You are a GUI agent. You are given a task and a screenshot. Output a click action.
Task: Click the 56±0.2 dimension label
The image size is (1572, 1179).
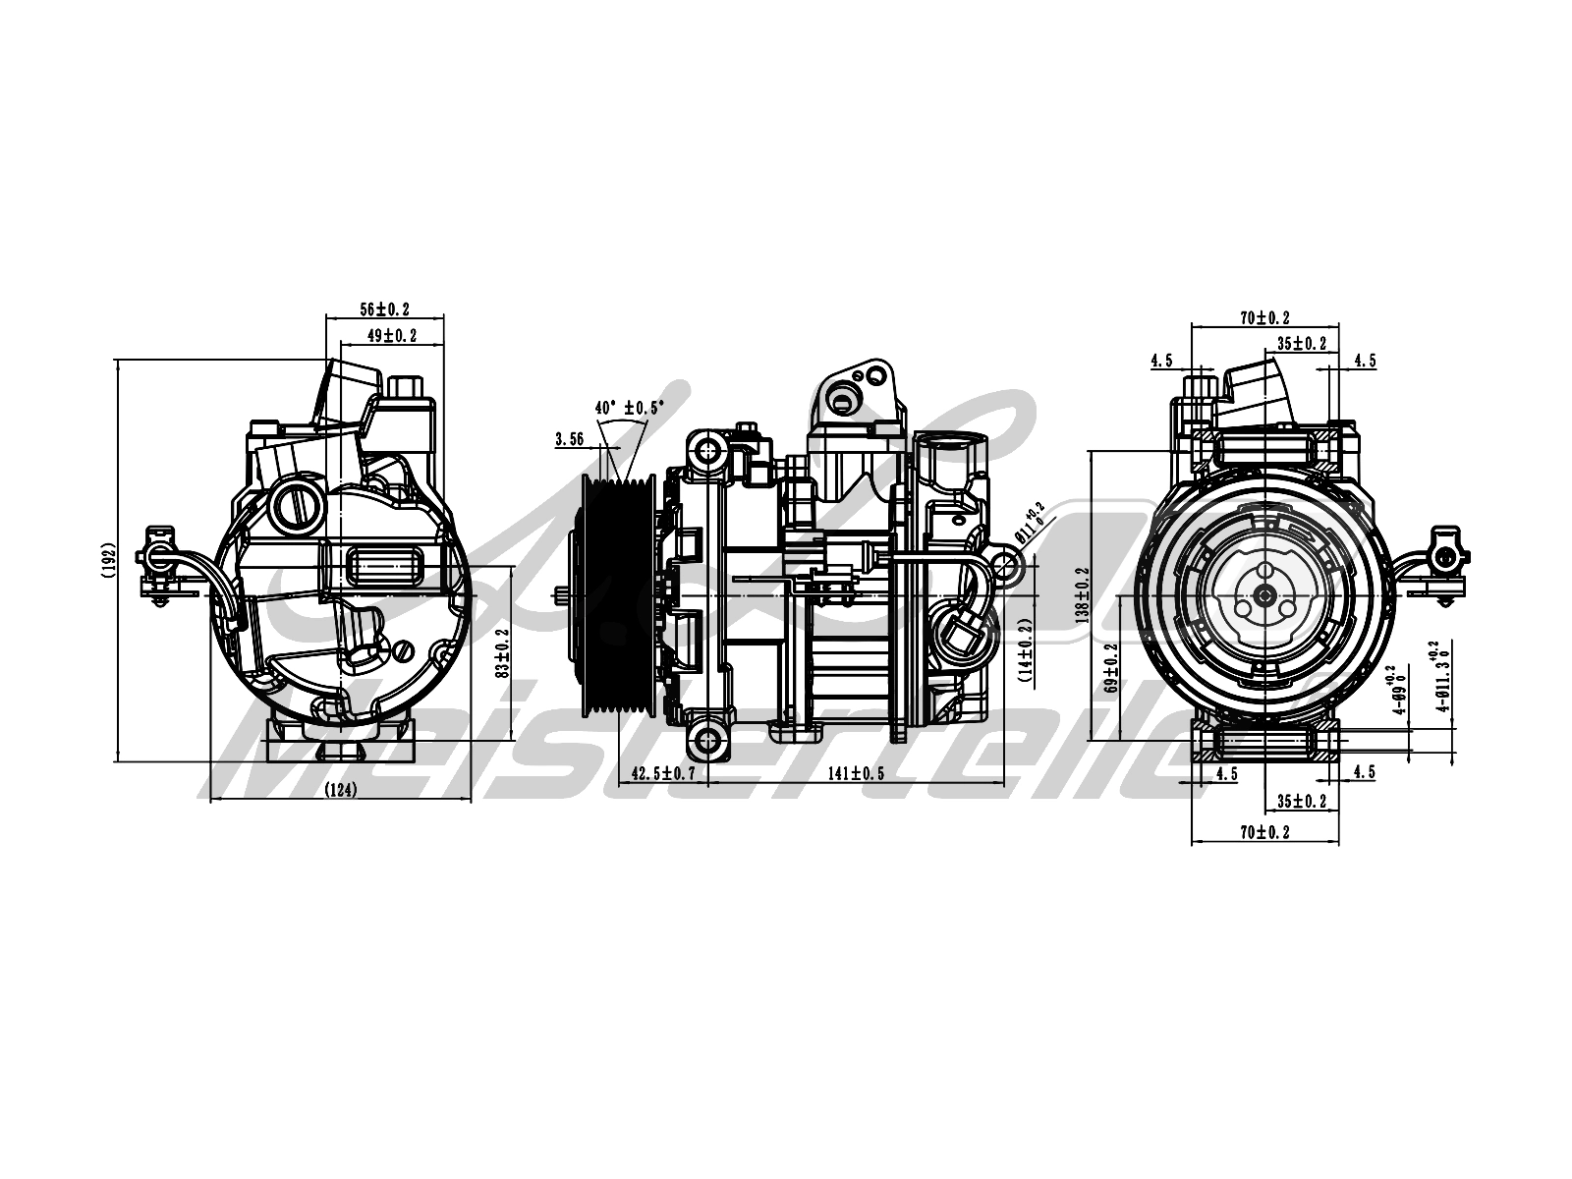tap(384, 308)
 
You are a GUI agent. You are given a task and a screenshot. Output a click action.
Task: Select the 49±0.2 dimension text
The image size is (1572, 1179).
tap(391, 335)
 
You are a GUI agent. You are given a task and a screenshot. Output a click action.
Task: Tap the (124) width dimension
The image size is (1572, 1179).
tap(339, 789)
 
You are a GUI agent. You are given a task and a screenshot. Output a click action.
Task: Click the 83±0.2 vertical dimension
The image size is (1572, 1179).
tap(500, 653)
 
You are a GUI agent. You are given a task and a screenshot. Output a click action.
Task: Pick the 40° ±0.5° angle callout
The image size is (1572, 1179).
tap(629, 407)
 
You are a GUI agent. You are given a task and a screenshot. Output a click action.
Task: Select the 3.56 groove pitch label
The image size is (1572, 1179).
tap(570, 439)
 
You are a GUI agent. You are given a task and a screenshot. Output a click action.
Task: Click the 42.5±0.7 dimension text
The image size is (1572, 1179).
tap(663, 773)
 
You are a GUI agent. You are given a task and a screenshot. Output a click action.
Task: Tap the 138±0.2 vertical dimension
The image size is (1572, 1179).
tap(1083, 593)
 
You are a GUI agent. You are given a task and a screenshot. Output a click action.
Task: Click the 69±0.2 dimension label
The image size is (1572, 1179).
tap(1110, 668)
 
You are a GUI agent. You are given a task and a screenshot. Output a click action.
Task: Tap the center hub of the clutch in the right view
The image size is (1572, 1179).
tap(1264, 593)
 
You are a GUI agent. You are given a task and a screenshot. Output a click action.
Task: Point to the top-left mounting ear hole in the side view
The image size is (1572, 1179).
tap(706, 451)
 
